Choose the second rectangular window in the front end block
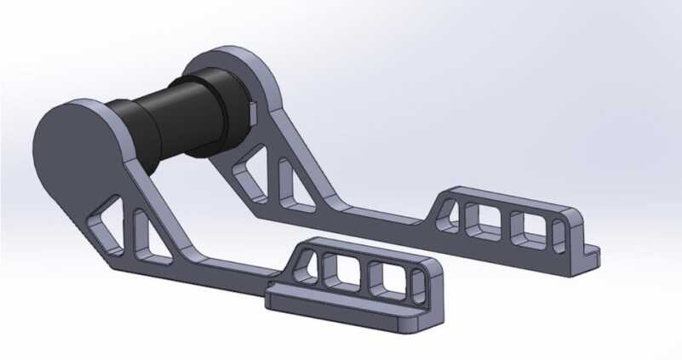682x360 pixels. [386, 281]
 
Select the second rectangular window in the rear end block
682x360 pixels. [527, 226]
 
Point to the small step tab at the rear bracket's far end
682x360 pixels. [591, 253]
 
